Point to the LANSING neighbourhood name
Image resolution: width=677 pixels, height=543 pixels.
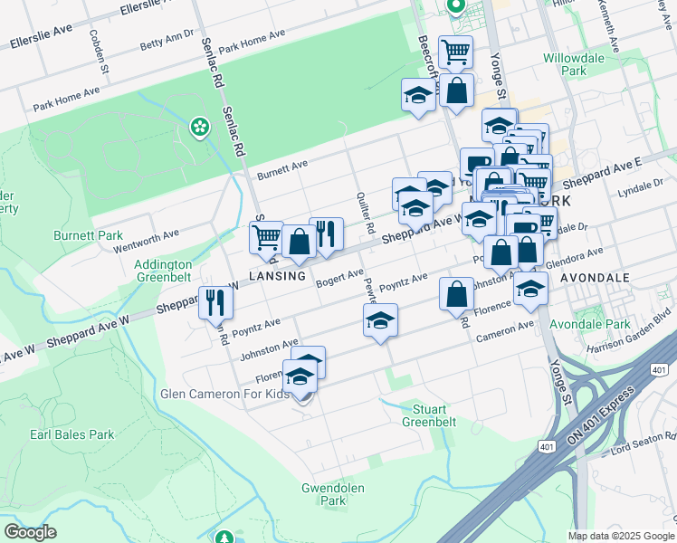tap(277, 275)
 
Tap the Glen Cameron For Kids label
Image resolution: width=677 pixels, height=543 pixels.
tap(224, 395)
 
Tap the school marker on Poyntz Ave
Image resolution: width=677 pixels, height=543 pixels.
tap(380, 320)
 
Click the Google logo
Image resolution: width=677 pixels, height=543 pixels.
tap(30, 532)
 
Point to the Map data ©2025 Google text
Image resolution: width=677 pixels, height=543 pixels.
tap(619, 536)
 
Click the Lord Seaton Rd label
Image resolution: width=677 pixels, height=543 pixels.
tap(637, 450)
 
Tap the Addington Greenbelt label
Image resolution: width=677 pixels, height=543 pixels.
tap(163, 271)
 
